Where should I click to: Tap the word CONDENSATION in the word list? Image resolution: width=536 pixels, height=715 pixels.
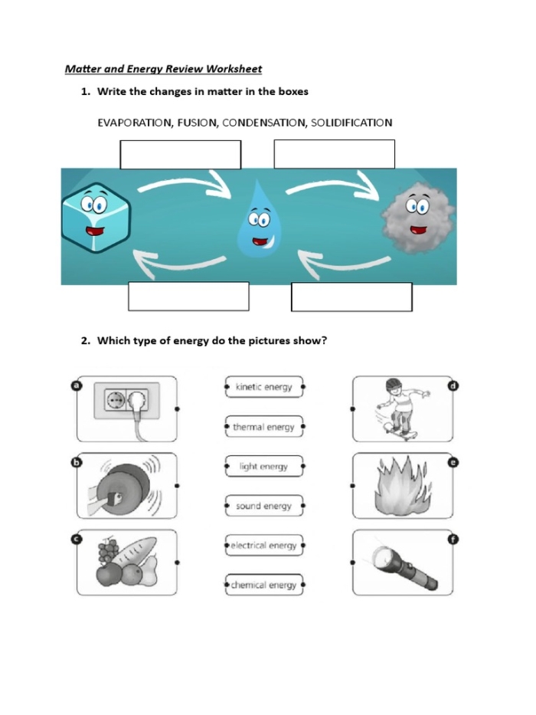[x=264, y=123]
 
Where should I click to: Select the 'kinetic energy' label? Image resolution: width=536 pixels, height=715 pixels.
[x=264, y=387]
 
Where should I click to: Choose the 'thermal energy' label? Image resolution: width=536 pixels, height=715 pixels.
[x=264, y=427]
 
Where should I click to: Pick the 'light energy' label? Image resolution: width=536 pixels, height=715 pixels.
[x=264, y=467]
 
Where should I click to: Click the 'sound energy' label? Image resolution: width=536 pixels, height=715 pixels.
[x=264, y=506]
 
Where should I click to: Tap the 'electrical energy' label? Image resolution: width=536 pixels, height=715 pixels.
[x=264, y=546]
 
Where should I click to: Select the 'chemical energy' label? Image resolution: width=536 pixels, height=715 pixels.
[x=264, y=585]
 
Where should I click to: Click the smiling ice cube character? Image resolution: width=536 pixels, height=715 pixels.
[x=96, y=218]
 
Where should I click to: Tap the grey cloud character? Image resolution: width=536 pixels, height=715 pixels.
[x=418, y=218]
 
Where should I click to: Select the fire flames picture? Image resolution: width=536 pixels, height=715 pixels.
[x=401, y=486]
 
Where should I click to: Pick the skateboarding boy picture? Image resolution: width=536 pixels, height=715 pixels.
[x=402, y=409]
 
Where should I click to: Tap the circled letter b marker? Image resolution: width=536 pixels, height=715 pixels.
[x=77, y=462]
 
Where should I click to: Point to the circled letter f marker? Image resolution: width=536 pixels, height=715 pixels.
[x=453, y=540]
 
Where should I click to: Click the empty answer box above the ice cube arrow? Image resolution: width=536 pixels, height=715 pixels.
[x=181, y=155]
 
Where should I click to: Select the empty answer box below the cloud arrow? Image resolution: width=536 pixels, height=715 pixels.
[x=351, y=297]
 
